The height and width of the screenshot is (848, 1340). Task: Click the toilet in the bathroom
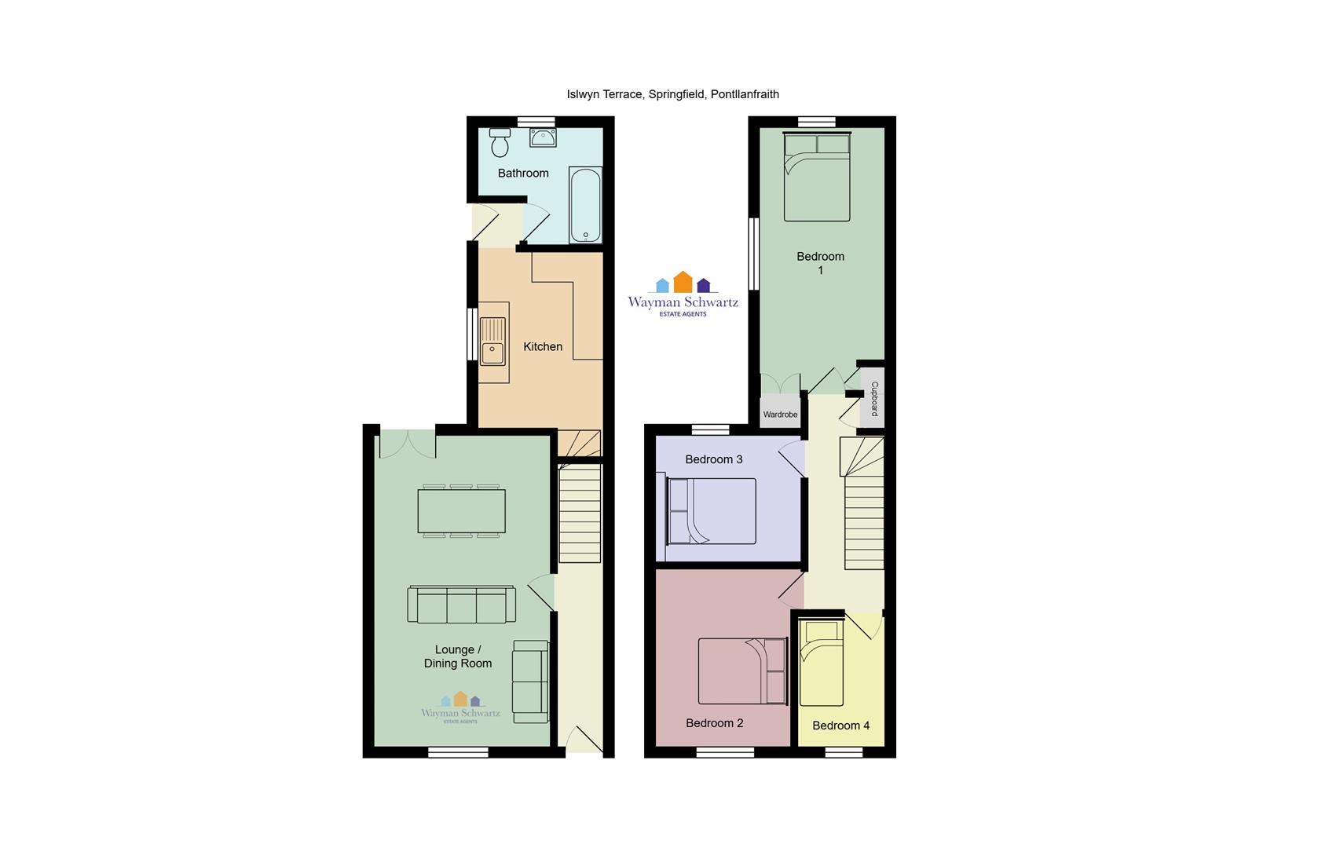(500, 142)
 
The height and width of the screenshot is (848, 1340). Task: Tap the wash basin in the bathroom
(543, 137)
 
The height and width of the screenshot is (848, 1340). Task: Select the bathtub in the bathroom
(585, 204)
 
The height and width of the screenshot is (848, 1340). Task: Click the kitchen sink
(492, 341)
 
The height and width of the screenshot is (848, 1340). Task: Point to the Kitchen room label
(543, 347)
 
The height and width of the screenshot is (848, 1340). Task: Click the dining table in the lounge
(461, 510)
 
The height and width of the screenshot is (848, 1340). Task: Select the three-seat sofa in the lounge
(461, 605)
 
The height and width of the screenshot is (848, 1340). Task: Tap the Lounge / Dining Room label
(458, 656)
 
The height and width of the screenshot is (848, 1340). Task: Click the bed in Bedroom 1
(817, 177)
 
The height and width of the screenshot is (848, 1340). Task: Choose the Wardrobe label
(780, 415)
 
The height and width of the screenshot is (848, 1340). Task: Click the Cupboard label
(874, 398)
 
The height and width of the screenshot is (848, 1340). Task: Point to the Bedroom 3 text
(714, 459)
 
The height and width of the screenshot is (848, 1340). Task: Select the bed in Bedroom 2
(742, 671)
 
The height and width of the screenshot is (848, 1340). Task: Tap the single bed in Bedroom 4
(821, 663)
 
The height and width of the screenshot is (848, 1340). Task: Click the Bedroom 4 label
(840, 726)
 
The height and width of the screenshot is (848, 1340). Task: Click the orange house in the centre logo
(683, 282)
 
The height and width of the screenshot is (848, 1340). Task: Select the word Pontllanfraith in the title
(745, 94)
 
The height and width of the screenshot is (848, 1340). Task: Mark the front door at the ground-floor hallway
(584, 740)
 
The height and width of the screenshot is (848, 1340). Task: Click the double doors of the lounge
(408, 444)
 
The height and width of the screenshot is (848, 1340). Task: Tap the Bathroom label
(523, 174)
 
